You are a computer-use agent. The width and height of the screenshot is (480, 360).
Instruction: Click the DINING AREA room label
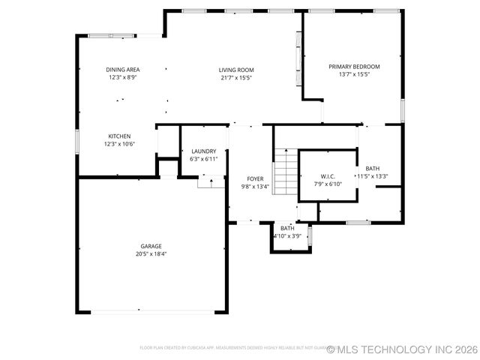click(123, 70)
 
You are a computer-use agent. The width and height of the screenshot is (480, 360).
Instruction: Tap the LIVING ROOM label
click(236, 70)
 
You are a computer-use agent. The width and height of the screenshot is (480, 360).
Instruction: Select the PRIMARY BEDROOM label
click(354, 67)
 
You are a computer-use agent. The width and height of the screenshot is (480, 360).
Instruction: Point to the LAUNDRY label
click(203, 151)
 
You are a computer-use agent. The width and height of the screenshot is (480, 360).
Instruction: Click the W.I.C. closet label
click(326, 176)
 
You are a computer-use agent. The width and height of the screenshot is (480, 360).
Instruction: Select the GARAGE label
click(151, 246)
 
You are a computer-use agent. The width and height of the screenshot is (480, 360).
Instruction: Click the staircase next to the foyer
click(284, 172)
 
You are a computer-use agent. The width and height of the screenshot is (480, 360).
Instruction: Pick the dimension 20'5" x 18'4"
click(151, 254)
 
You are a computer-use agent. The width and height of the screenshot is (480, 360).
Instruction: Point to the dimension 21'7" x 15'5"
click(236, 77)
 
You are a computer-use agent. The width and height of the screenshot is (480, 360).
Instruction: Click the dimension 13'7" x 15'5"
click(354, 74)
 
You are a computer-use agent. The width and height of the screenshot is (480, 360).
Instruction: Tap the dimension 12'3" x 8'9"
click(123, 77)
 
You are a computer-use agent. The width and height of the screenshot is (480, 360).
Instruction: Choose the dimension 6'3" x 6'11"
click(203, 158)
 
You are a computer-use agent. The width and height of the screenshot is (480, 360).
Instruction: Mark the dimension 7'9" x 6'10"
click(326, 184)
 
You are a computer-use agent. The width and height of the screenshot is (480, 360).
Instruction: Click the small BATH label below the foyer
click(287, 228)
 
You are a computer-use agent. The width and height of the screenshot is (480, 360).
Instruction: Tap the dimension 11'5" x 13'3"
click(372, 176)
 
